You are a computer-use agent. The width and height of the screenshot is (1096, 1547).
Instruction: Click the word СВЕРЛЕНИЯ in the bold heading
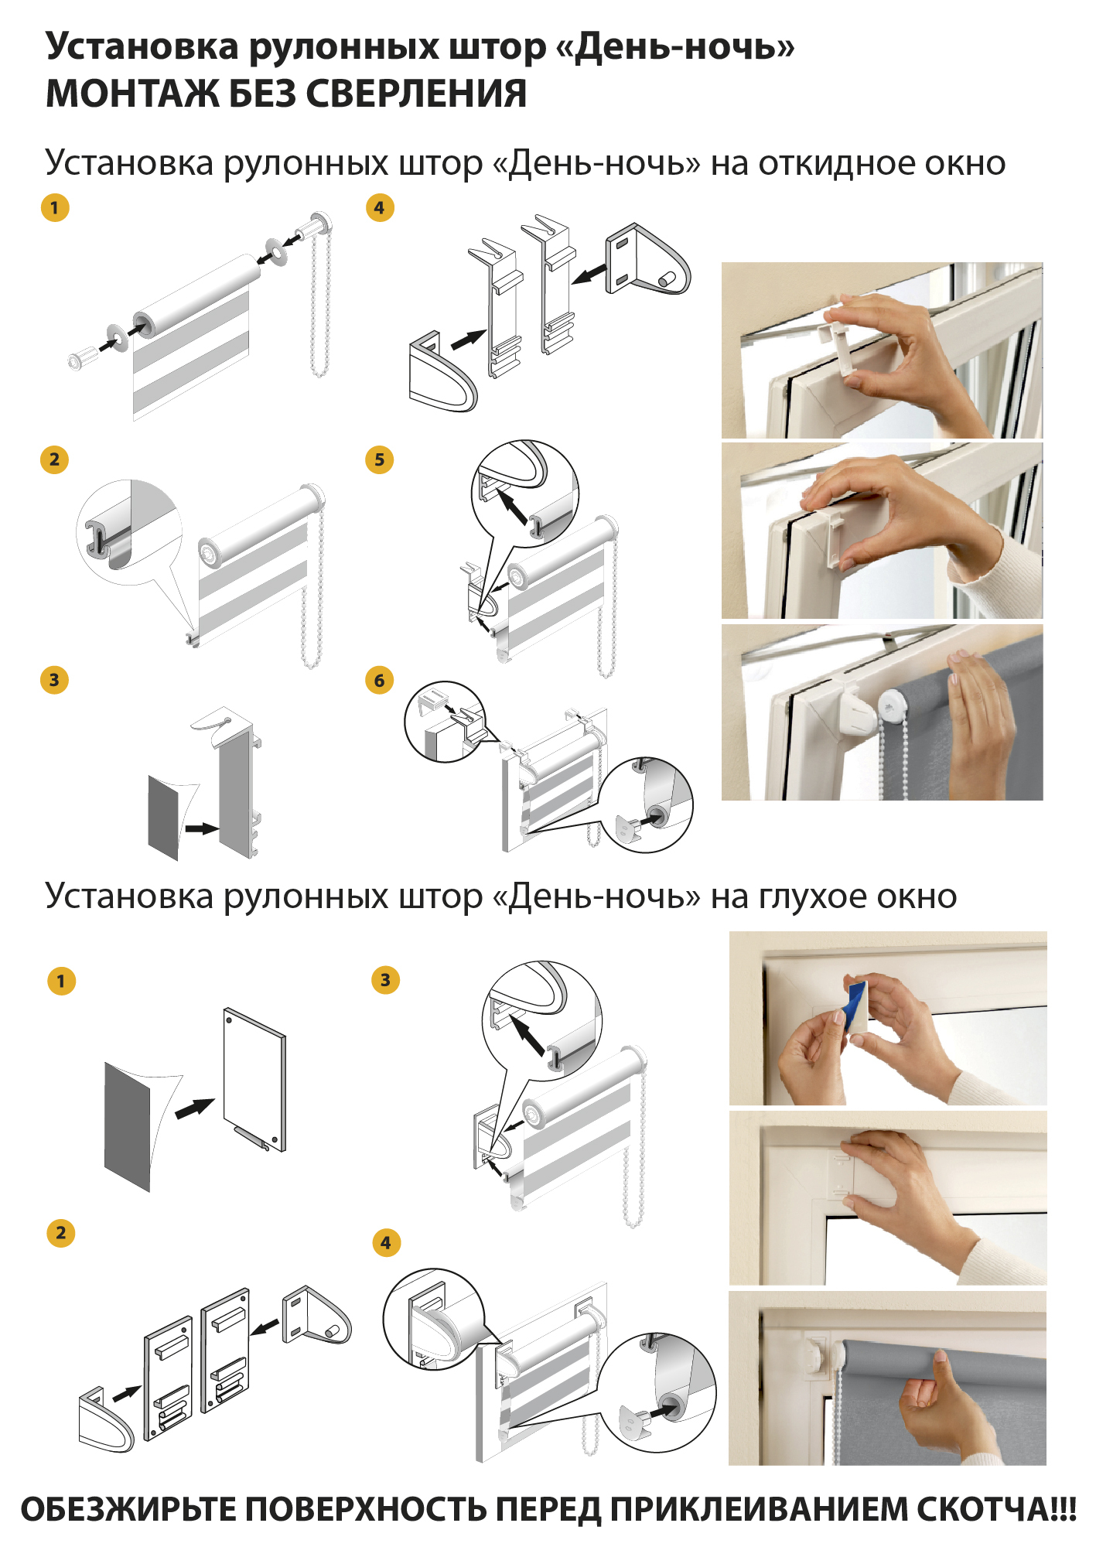(416, 94)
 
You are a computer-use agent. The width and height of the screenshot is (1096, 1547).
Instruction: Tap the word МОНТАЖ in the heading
(131, 94)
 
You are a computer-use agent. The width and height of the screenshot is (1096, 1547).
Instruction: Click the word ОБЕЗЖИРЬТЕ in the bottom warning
(128, 1509)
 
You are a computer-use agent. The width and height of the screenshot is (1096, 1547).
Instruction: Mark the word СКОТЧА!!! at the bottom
(997, 1509)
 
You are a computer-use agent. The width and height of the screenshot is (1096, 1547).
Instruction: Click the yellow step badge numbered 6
(379, 681)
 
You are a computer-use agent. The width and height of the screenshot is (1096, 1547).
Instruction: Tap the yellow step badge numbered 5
(379, 459)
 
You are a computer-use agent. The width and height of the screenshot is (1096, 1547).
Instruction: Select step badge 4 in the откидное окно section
(379, 207)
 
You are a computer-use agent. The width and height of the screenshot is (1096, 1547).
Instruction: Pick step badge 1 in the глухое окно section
(61, 982)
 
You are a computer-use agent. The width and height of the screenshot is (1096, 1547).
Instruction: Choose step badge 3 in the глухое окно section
(385, 980)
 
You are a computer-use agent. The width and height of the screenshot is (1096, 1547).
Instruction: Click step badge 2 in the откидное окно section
(54, 459)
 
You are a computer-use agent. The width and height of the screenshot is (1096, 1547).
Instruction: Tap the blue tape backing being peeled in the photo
(857, 1004)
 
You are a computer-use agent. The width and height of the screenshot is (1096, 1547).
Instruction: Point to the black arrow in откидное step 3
(201, 828)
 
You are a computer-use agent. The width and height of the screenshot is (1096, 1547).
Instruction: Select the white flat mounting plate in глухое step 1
(254, 1080)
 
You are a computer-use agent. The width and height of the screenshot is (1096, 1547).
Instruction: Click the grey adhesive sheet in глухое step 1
(128, 1126)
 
